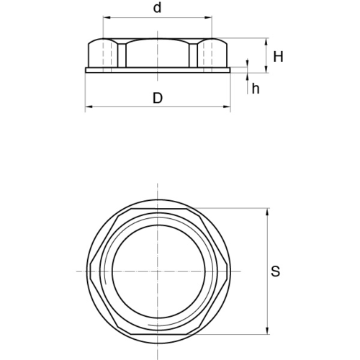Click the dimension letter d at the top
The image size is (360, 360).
tap(157, 8)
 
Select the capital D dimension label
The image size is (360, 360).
tap(158, 98)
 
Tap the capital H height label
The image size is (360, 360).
tap(279, 57)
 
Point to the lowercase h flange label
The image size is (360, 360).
tap(256, 89)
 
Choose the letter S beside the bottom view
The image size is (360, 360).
tap(275, 271)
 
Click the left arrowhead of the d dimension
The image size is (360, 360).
tap(107, 17)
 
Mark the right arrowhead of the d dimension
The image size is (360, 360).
tap(209, 17)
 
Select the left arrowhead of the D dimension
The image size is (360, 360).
tap(89, 107)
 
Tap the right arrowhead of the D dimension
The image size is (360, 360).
tap(227, 107)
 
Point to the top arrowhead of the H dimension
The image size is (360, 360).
tap(266, 42)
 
